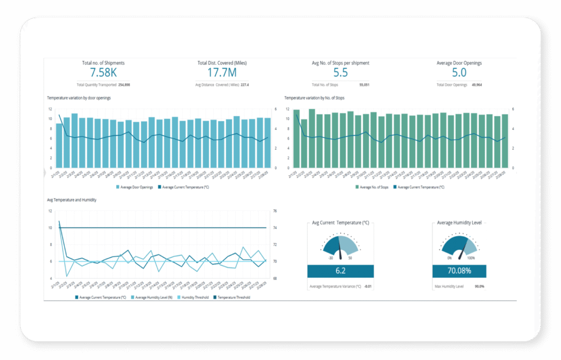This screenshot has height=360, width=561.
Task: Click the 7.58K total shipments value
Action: [x=103, y=73]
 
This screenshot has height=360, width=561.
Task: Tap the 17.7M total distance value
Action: [x=222, y=73]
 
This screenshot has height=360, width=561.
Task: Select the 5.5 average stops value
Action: [x=340, y=73]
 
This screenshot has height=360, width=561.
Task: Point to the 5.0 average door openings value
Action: [x=459, y=73]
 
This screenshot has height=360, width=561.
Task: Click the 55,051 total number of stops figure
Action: [x=364, y=85]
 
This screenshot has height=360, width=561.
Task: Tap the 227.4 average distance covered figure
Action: [x=244, y=85]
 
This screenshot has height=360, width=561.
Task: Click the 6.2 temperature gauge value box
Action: [x=340, y=271]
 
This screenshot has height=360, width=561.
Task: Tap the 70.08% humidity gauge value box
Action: [x=459, y=271]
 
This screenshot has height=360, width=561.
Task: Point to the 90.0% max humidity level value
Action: [x=479, y=286]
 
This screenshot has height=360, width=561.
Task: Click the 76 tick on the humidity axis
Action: [x=274, y=211]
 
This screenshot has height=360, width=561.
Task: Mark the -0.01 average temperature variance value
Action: [x=368, y=286]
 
